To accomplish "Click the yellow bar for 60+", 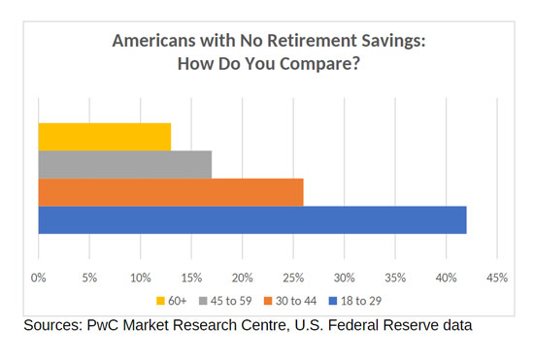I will click(x=105, y=137).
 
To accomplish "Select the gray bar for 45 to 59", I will click(x=125, y=165).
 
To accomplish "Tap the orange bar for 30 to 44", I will click(x=171, y=192).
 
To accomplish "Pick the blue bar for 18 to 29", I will click(x=252, y=219).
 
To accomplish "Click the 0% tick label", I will click(x=39, y=278).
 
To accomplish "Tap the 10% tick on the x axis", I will click(x=141, y=278).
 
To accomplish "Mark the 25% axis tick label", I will click(x=293, y=278).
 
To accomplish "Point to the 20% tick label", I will click(x=243, y=278).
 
